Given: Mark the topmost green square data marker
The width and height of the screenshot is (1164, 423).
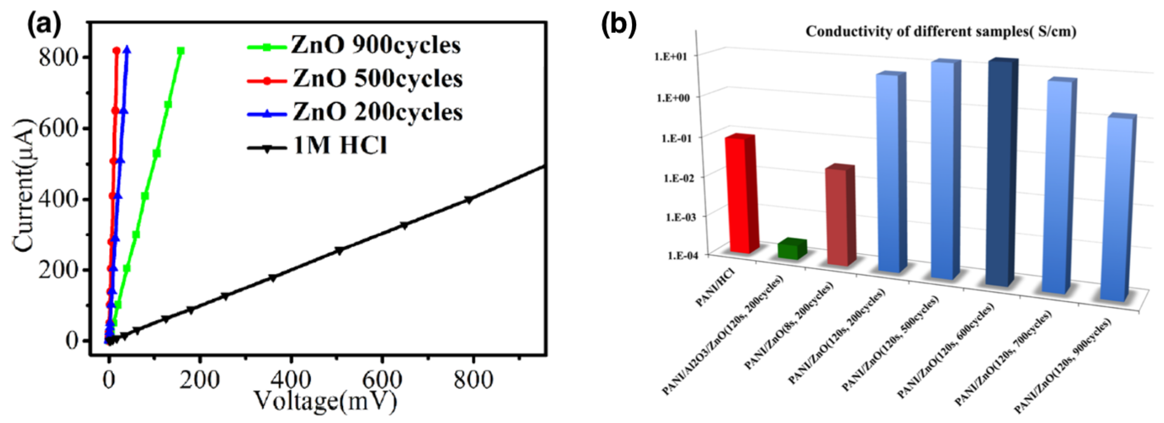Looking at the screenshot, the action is (x=181, y=51).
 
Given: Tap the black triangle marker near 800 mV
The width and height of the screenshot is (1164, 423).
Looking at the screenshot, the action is (x=469, y=200).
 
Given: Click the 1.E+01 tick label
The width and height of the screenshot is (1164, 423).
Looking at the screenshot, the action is (x=671, y=56).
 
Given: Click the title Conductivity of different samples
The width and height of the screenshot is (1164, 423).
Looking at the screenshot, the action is (x=941, y=32).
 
